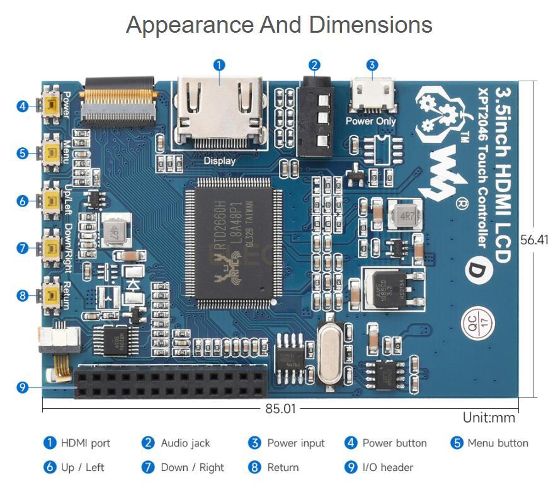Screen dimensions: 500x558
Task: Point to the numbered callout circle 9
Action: pos(23,387)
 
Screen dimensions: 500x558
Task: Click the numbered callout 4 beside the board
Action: pos(23,106)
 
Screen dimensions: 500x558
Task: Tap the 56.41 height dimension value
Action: pos(535,239)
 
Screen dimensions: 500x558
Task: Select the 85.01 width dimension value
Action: pos(280,409)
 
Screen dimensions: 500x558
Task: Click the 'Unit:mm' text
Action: pos(489,418)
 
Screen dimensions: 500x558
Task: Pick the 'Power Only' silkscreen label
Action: pos(371,121)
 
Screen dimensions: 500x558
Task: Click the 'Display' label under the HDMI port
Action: pos(219,161)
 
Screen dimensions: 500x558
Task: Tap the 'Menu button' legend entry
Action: pos(498,443)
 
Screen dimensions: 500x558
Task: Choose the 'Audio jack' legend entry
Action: pos(185,443)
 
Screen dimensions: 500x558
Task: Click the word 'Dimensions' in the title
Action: pos(370,25)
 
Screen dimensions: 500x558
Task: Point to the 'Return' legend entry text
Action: pos(283,467)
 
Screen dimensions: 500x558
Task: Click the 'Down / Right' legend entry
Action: pos(192,467)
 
